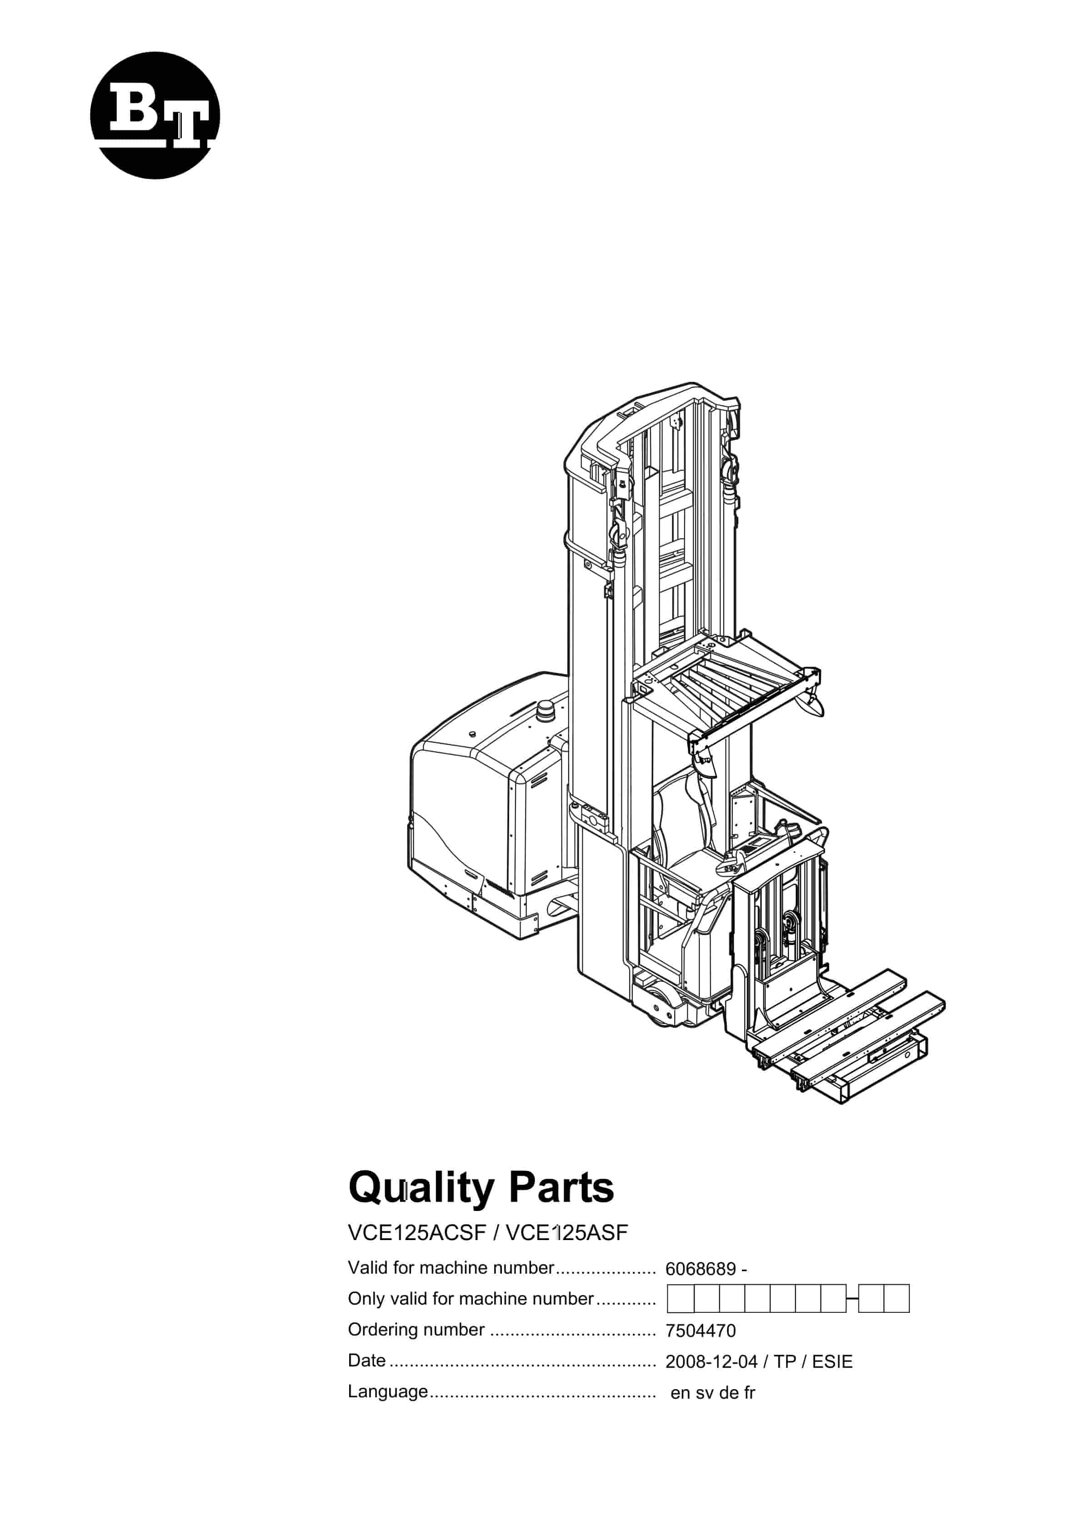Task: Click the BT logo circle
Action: (x=155, y=115)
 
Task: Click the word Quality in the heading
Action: (x=421, y=1189)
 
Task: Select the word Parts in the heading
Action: (x=561, y=1188)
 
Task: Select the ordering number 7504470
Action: (x=701, y=1331)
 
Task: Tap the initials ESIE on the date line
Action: (x=832, y=1361)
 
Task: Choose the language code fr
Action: (x=749, y=1392)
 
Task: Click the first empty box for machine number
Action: (x=681, y=1299)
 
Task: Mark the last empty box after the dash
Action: (x=897, y=1299)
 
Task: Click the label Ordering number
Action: (x=416, y=1330)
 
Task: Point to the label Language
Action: (x=388, y=1392)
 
